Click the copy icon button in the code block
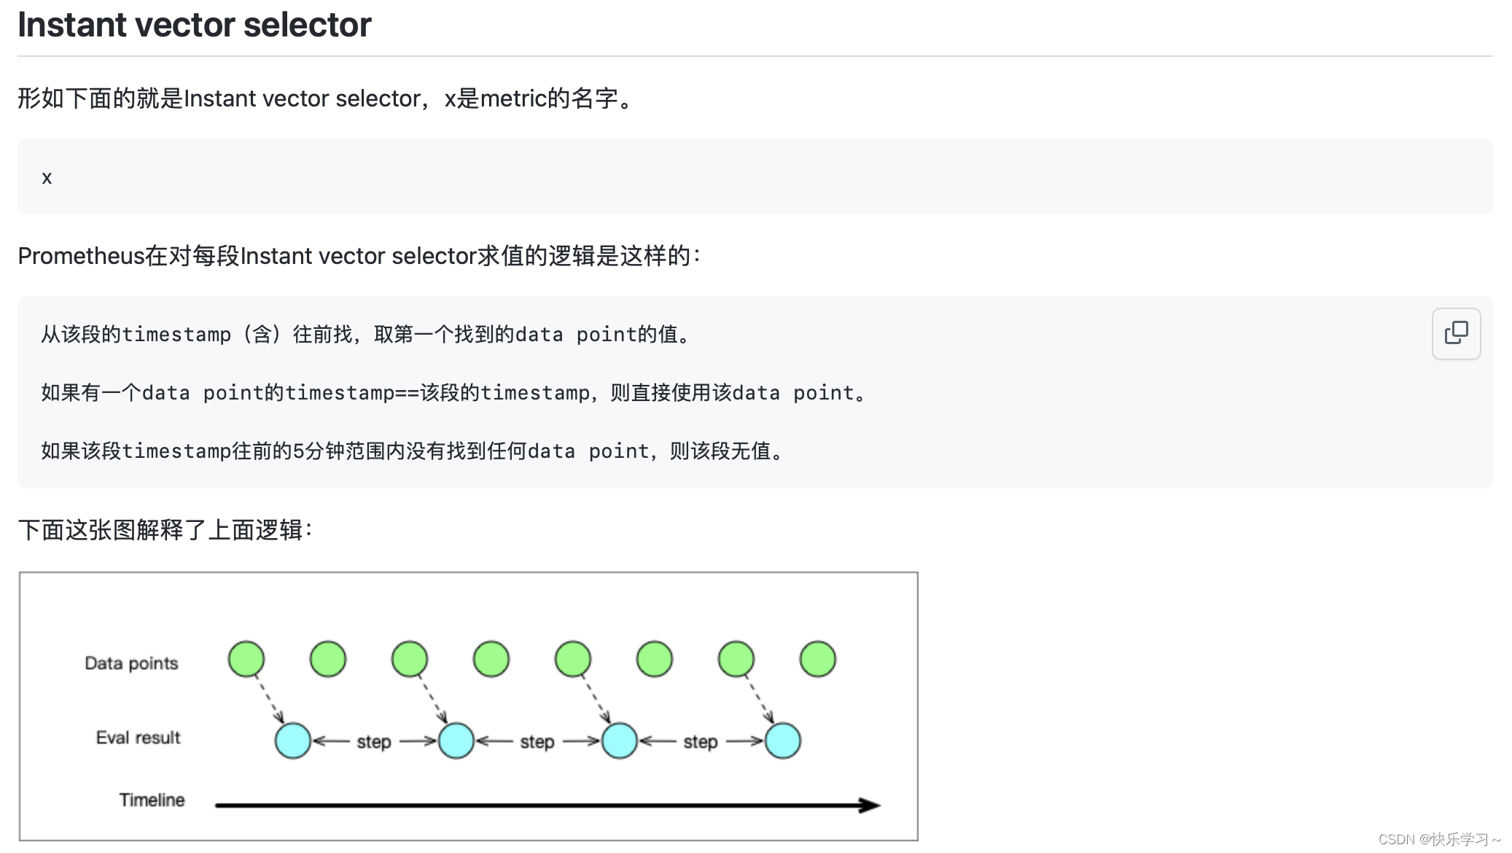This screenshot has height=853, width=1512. point(1456,333)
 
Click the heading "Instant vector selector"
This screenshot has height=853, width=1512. point(194,25)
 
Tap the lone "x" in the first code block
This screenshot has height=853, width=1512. point(47,178)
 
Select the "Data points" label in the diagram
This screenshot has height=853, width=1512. point(131,663)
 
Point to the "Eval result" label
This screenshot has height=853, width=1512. point(138,737)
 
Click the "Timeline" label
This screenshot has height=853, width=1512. point(152,800)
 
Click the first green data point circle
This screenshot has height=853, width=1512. point(246,659)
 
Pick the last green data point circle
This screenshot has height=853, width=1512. point(817,659)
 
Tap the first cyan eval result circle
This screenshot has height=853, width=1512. point(293,741)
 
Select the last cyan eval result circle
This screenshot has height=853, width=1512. point(783,741)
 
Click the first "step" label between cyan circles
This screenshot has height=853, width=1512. point(374,741)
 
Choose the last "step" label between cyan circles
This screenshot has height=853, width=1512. point(701,741)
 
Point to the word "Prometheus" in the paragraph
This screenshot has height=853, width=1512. point(81,256)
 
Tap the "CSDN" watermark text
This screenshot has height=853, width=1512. point(1396,840)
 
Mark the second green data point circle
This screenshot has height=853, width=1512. point(328,659)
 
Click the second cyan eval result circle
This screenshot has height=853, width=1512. point(456,741)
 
